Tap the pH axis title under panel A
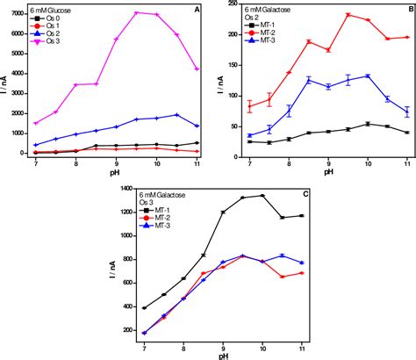[x=109, y=173]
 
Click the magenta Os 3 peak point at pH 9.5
[x=136, y=13]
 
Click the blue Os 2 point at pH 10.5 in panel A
[x=177, y=115]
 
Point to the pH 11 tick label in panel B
[x=407, y=164]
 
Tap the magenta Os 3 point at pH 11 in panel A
[x=197, y=68]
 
